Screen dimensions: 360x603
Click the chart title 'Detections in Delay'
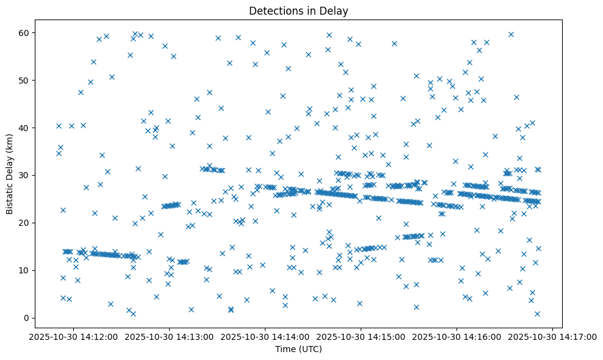(298, 10)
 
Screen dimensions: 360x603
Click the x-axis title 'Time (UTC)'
(298, 349)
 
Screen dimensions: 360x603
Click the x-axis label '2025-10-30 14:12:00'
(74, 336)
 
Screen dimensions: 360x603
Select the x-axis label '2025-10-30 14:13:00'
(170, 336)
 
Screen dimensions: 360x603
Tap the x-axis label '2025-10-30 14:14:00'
(265, 336)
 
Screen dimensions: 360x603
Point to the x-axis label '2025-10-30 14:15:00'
(361, 336)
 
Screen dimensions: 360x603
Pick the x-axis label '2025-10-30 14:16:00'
(457, 336)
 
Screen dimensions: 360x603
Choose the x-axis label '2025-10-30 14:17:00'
(553, 336)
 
